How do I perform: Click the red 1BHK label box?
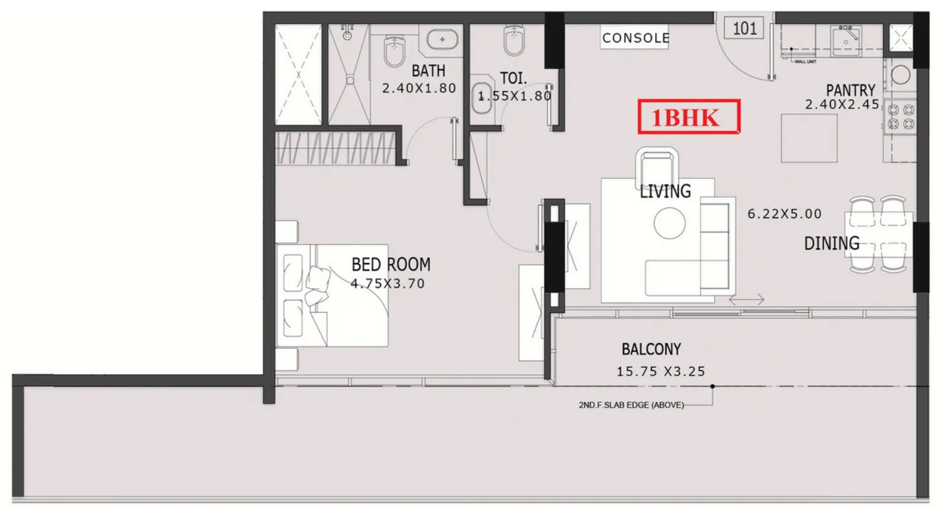click(x=689, y=117)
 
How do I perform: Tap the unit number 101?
click(x=744, y=28)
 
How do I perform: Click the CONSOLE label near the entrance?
click(x=636, y=38)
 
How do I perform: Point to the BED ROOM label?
click(x=391, y=264)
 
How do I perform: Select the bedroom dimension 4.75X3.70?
click(x=387, y=284)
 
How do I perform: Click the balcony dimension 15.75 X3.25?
click(x=661, y=372)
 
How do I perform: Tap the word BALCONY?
click(x=651, y=349)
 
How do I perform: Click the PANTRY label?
click(x=850, y=90)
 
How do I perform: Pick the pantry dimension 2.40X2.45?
click(x=842, y=105)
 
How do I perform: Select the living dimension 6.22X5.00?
click(x=784, y=214)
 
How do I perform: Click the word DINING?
click(x=832, y=244)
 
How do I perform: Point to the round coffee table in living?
click(x=669, y=223)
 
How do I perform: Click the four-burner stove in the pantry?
click(x=901, y=117)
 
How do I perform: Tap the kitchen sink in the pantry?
click(x=846, y=41)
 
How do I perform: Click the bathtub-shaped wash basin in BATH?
click(x=442, y=40)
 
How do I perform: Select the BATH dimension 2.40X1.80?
click(x=419, y=88)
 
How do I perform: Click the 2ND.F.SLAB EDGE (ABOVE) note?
click(x=631, y=405)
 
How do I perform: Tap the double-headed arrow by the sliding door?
click(x=746, y=300)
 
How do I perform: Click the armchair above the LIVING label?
click(x=656, y=167)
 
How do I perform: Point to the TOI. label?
click(x=513, y=78)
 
